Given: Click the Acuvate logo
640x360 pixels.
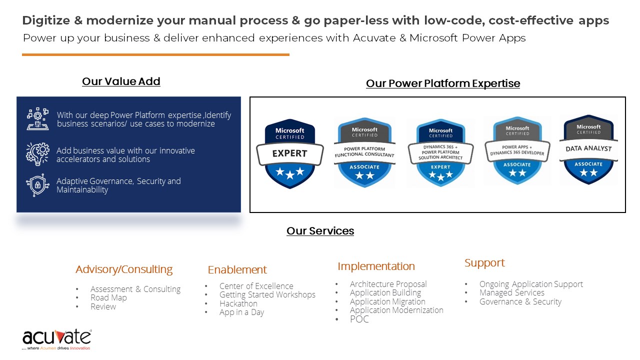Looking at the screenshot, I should [56, 339].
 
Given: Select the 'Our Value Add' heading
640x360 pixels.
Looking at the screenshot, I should [121, 81].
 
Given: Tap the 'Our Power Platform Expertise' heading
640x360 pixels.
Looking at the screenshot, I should [442, 83].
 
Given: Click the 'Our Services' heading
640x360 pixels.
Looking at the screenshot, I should [320, 231].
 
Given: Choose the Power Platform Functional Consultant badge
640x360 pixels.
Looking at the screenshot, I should [364, 152].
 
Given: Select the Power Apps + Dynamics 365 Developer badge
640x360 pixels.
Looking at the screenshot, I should [517, 151].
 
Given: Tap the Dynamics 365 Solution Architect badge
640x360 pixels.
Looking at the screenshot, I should [440, 152].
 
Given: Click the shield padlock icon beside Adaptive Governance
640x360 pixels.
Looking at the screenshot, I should [38, 185].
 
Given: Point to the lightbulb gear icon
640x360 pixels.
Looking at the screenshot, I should [38, 154].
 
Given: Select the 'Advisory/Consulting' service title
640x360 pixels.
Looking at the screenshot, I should [124, 269].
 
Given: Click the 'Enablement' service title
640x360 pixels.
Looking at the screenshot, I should [237, 270].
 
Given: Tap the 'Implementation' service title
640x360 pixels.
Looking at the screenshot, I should [376, 266].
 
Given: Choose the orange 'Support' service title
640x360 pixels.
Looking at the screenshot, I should [484, 263].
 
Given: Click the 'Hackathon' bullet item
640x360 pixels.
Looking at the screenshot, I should [238, 303].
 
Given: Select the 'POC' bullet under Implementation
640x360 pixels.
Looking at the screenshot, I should [359, 319].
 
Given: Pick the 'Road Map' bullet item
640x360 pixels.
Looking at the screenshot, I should [108, 297].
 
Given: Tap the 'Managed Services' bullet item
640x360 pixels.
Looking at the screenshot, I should [511, 292].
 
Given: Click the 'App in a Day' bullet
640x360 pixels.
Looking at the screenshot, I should [241, 312].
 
